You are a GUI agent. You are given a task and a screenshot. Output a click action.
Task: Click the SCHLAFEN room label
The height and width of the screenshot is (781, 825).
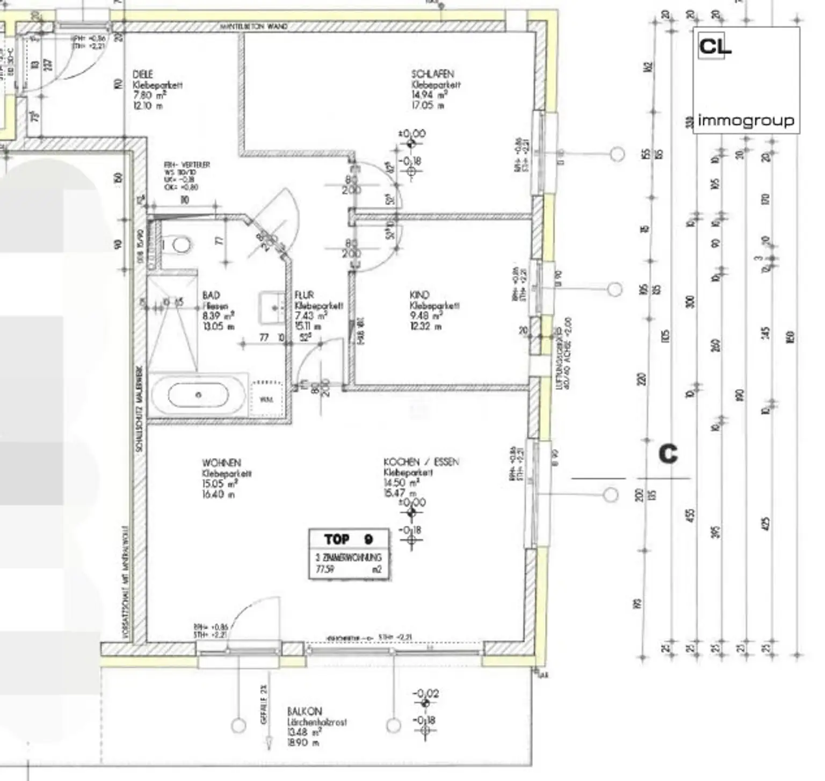click(432, 74)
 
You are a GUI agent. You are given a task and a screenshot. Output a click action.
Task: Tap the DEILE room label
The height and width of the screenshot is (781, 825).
click(142, 74)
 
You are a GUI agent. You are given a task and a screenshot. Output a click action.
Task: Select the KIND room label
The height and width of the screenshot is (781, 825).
click(419, 295)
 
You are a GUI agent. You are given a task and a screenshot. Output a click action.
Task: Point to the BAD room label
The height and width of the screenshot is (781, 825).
click(211, 295)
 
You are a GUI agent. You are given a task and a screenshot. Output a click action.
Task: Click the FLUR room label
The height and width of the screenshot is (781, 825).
click(304, 295)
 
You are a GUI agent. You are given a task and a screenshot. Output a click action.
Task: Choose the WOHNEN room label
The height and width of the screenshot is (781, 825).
click(221, 463)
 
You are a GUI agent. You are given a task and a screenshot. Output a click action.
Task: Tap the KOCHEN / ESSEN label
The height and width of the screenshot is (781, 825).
click(421, 462)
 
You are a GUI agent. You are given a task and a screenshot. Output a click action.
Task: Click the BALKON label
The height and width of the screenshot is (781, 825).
click(304, 711)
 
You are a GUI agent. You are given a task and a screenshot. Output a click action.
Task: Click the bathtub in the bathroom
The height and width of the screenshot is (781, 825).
click(198, 395)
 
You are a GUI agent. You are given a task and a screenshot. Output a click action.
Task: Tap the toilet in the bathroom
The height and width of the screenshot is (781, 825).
click(180, 245)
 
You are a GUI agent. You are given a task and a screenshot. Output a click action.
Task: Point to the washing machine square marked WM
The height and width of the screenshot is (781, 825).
click(266, 399)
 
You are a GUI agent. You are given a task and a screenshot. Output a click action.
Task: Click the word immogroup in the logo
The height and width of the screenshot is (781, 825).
click(746, 121)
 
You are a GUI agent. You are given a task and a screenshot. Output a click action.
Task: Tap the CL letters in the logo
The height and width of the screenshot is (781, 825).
click(714, 47)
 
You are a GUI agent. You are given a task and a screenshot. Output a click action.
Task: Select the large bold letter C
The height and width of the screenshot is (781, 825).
click(668, 454)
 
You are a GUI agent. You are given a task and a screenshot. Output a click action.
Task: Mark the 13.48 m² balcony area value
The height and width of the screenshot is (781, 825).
click(304, 732)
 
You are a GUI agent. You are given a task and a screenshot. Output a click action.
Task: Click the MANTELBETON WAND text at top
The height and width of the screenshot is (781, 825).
click(254, 27)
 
